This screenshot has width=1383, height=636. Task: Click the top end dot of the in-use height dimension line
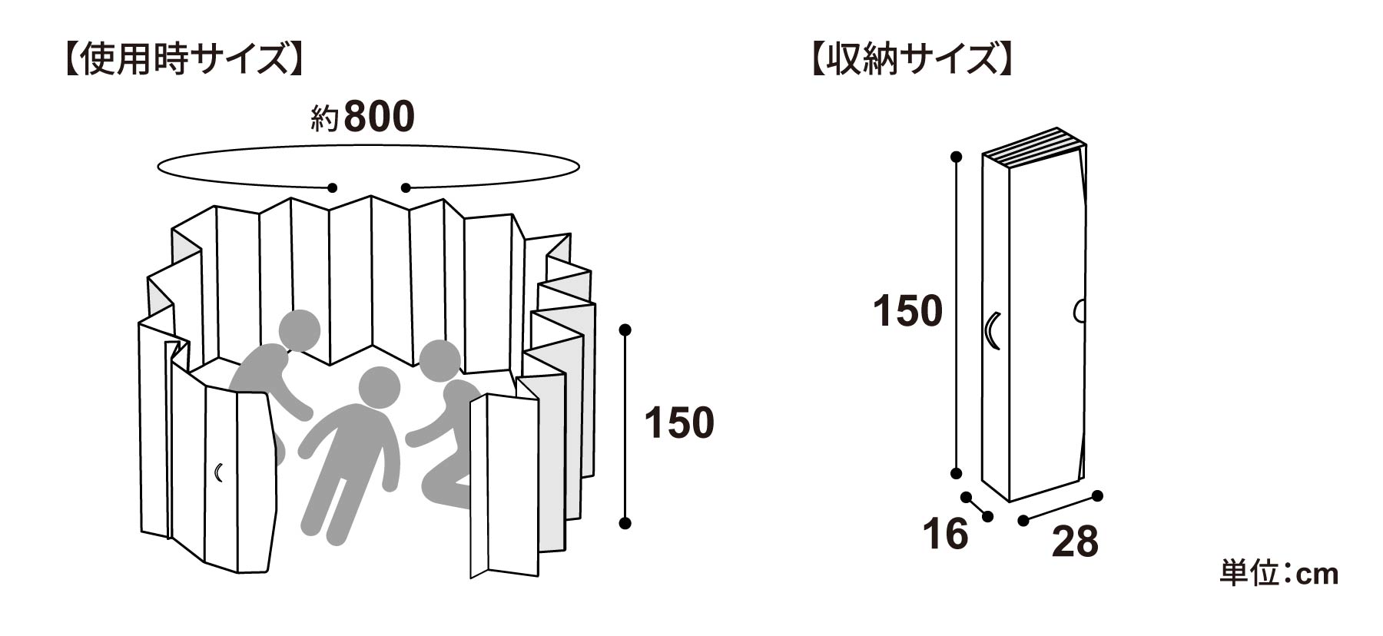(625, 330)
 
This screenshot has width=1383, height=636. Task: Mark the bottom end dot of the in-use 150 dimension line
(625, 523)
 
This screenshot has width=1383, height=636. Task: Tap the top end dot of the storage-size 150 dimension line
(957, 157)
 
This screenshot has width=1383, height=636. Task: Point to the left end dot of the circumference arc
(333, 187)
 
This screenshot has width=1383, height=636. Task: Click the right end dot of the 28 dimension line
(1098, 495)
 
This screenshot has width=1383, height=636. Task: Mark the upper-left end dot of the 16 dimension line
(966, 497)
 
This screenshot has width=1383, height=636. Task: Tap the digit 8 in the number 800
(356, 118)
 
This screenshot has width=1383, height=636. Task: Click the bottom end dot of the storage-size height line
(957, 473)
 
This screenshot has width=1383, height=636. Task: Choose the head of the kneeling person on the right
(439, 363)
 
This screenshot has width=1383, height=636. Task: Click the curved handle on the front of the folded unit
(991, 331)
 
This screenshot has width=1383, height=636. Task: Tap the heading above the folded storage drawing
(910, 60)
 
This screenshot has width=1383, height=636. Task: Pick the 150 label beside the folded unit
(907, 311)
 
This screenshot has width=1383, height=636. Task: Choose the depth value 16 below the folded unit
(946, 534)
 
